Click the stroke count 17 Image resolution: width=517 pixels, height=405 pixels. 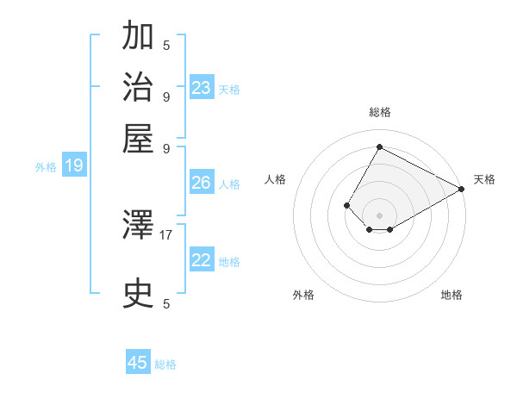pyautogui.click(x=166, y=234)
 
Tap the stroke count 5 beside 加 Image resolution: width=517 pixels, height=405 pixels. pyautogui.click(x=166, y=44)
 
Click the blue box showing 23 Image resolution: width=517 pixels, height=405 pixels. pyautogui.click(x=202, y=88)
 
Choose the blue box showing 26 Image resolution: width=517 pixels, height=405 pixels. pyautogui.click(x=202, y=183)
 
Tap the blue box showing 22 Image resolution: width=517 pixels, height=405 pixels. pyautogui.click(x=202, y=260)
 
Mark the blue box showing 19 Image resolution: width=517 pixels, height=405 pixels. pyautogui.click(x=74, y=166)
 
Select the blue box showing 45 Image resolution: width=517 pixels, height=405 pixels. pyautogui.click(x=138, y=363)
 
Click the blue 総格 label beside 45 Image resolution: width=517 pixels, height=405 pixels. pyautogui.click(x=165, y=364)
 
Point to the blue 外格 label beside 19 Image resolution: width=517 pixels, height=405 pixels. pyautogui.click(x=46, y=167)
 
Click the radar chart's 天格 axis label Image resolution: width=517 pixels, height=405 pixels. pyautogui.click(x=484, y=179)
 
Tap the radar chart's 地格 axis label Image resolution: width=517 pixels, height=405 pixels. pyautogui.click(x=452, y=295)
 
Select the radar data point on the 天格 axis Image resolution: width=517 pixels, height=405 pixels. pyautogui.click(x=461, y=189)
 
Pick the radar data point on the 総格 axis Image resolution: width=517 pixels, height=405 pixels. pyautogui.click(x=379, y=147)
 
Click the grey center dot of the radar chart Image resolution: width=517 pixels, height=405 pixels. pyautogui.click(x=379, y=215)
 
